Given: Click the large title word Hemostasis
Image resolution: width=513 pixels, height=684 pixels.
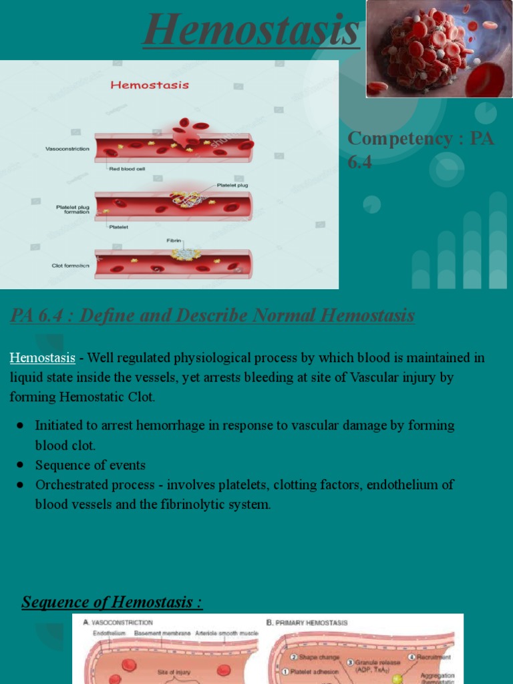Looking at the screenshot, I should [251, 30].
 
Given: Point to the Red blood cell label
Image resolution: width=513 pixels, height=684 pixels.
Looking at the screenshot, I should [127, 169].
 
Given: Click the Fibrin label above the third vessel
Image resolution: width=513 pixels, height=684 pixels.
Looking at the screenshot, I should [174, 240].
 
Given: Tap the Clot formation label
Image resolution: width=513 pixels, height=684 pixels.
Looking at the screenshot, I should [70, 265].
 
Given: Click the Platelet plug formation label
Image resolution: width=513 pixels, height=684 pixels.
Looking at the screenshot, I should [72, 210].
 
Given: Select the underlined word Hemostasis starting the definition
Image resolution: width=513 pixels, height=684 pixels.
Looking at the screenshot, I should [42, 358].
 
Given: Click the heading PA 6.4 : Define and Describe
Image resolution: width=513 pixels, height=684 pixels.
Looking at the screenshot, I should [212, 315].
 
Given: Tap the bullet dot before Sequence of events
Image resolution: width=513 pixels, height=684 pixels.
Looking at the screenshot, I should [20, 465].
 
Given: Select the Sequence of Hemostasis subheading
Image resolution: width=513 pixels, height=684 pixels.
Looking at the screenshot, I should [112, 602].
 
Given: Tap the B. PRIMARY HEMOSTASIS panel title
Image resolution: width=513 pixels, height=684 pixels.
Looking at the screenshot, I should [307, 622].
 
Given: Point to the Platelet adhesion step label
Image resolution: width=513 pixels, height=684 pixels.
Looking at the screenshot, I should [306, 672].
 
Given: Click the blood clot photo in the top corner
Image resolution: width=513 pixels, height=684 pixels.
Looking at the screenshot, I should [439, 49].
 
